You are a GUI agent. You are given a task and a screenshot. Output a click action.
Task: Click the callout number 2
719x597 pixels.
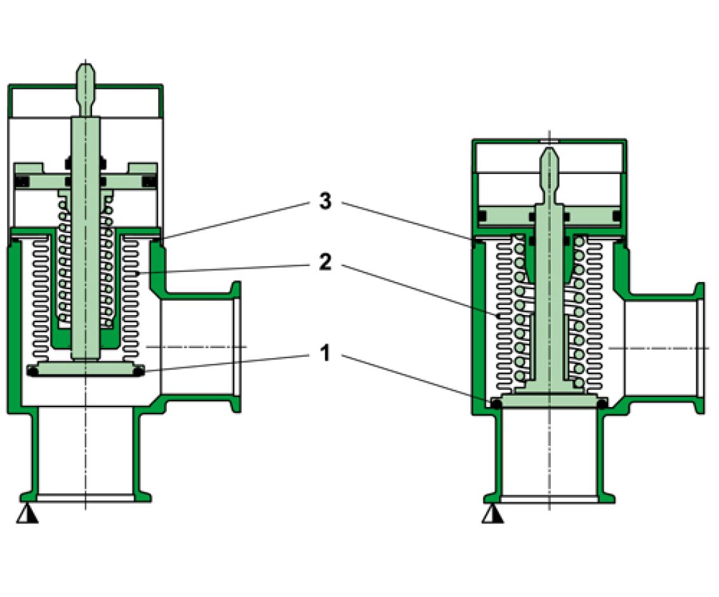324,262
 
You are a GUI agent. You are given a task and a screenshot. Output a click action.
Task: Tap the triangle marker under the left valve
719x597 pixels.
27,514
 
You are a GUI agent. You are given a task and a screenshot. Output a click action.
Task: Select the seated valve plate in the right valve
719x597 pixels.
550,401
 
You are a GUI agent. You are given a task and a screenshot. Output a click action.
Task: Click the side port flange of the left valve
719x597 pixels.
236,347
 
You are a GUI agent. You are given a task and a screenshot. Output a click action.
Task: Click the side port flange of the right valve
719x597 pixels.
700,347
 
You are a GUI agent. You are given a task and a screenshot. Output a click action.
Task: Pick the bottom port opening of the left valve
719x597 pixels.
85,496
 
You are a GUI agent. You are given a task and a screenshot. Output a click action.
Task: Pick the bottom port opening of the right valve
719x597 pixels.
550,497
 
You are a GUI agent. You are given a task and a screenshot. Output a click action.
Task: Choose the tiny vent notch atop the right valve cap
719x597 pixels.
550,140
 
